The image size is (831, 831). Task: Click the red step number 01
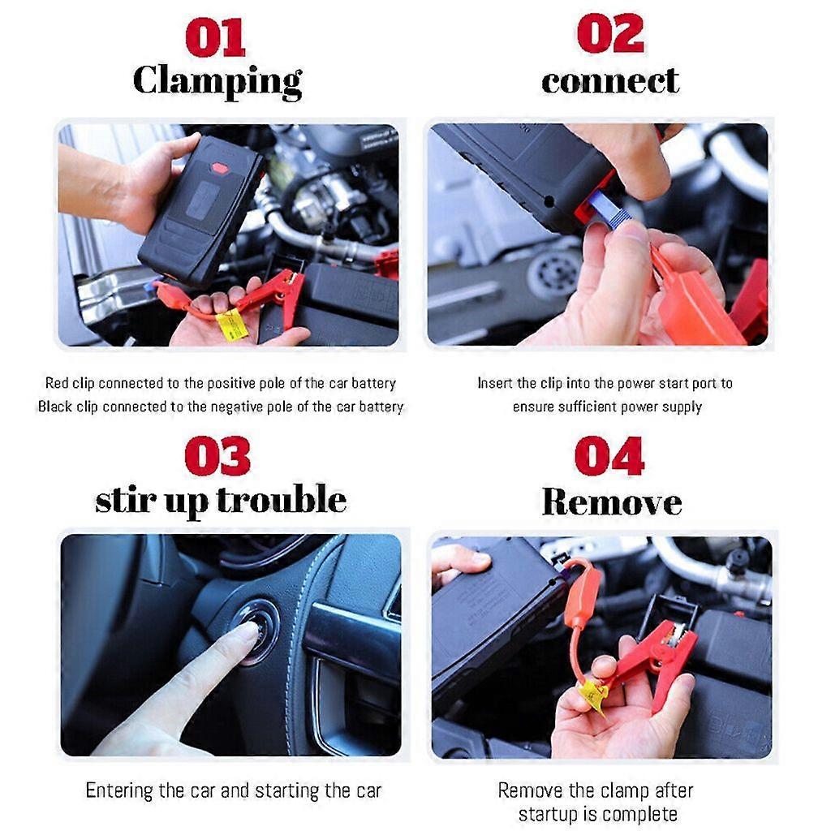(215, 37)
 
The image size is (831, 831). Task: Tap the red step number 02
(609, 35)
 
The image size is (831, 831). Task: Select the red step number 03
(217, 456)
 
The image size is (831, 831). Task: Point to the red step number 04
(609, 456)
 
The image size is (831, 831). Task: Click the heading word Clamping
(217, 81)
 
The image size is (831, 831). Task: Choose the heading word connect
(609, 81)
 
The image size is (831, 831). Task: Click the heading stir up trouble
(220, 500)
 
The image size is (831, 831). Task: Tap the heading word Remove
(611, 502)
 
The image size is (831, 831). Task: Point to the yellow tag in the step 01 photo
(231, 324)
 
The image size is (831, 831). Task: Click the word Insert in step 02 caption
(495, 383)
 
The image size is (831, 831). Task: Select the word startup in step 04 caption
(549, 813)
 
